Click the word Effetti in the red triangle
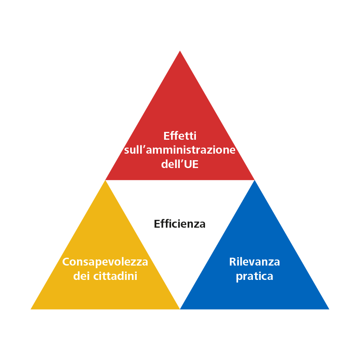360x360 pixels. [180, 136]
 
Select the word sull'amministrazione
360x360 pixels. [180, 150]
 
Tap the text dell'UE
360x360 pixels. [180, 164]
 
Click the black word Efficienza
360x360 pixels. [179, 224]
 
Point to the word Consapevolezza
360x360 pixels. [105, 262]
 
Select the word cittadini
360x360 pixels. [115, 276]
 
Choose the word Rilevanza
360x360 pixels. [254, 262]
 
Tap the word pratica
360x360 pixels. [254, 276]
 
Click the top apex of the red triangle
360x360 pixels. [180, 51]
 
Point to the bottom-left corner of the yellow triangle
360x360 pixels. [31, 309]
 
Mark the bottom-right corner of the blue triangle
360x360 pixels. [329, 309]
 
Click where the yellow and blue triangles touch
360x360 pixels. [180, 309]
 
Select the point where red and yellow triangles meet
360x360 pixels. [105, 180]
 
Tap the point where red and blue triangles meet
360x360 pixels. [254, 180]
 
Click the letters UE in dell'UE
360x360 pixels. [192, 165]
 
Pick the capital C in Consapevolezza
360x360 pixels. [66, 262]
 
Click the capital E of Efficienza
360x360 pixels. [157, 224]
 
